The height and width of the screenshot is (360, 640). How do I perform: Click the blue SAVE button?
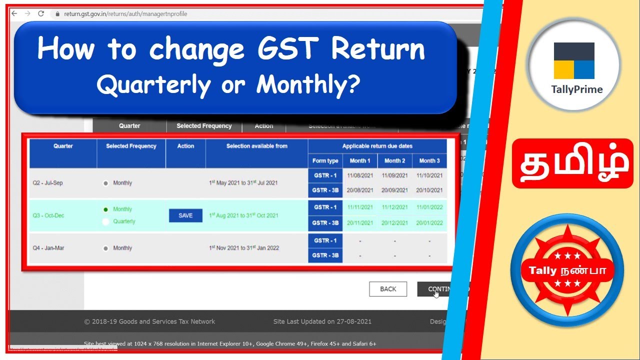185,215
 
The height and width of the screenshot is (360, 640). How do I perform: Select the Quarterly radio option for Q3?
106,221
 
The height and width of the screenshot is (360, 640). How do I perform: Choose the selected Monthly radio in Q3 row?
105,209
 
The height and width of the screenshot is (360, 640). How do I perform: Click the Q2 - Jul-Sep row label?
48,183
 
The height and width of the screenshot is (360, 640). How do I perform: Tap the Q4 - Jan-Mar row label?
48,248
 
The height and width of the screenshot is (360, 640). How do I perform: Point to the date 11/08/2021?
360,176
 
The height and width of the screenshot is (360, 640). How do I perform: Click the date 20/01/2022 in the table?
429,223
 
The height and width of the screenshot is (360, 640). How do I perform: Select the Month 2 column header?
394,161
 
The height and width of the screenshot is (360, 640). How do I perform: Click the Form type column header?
325,161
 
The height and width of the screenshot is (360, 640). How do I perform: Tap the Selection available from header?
256,146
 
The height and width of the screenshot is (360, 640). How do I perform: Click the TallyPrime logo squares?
574,60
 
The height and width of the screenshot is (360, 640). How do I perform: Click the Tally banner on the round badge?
567,270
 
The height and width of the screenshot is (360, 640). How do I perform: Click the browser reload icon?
41,13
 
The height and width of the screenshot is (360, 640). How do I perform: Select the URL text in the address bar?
125,14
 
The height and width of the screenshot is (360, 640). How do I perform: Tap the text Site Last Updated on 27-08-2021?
322,321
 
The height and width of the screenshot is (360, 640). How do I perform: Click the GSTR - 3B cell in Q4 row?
325,255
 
